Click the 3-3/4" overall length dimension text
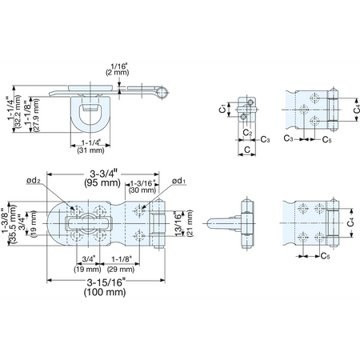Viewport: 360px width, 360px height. [x=103, y=174]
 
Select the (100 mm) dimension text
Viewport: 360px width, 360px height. [x=105, y=292]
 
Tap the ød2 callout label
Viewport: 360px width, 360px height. [x=34, y=181]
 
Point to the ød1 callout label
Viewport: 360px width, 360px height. [x=178, y=181]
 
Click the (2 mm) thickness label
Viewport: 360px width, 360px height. [x=118, y=72]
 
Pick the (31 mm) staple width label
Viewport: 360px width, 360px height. [x=90, y=150]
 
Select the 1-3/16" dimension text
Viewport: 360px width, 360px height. [x=144, y=183]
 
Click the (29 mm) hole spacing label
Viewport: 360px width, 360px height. [x=121, y=270]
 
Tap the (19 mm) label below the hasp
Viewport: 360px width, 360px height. [x=87, y=270]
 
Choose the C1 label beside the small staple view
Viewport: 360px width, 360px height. [x=222, y=109]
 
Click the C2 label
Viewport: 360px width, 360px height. [x=248, y=132]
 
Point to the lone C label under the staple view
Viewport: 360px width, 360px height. [x=247, y=150]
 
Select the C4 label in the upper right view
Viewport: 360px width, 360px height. [x=356, y=109]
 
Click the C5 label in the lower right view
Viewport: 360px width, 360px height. [x=326, y=256]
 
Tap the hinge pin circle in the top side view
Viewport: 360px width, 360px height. [x=162, y=92]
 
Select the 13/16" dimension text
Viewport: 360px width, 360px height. [x=178, y=223]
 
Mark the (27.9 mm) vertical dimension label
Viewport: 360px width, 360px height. [x=37, y=115]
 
